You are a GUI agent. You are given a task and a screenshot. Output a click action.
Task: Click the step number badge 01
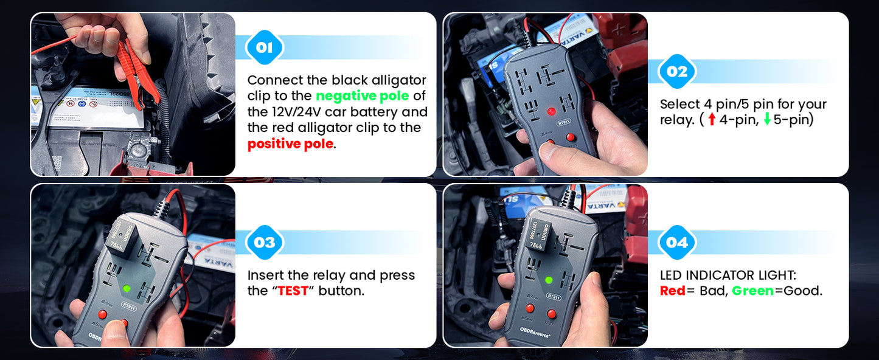tap(265, 47)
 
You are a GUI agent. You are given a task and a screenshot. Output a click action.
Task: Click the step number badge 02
tap(677, 72)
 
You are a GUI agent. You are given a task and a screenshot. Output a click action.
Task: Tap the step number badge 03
tap(265, 242)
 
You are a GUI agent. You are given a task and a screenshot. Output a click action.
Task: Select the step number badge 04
tap(677, 243)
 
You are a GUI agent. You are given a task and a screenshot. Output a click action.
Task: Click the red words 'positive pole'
tap(290, 144)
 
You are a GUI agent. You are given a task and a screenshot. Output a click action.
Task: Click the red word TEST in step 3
tap(293, 291)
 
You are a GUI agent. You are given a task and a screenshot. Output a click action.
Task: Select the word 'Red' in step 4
tap(672, 291)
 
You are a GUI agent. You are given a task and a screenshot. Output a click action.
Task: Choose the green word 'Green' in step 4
tap(752, 291)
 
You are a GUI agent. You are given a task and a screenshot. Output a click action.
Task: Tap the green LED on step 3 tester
tap(127, 288)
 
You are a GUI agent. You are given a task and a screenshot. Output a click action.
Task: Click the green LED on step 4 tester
tap(549, 280)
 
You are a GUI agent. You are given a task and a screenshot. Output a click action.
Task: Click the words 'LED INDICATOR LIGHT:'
tap(736, 275)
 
